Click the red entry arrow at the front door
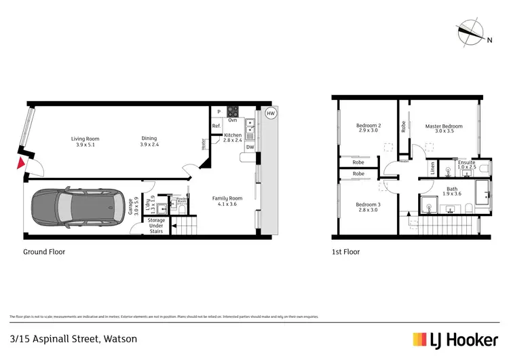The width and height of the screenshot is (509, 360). pos(20,163)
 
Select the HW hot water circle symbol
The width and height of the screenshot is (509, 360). pos(270,113)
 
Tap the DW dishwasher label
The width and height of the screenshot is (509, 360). pos(250,147)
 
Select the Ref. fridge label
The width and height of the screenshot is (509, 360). pos(216,126)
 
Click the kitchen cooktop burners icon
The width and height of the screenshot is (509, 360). pos(233,112)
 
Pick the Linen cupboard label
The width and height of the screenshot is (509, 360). pos(432,167)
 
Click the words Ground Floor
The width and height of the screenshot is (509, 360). pos(43,251)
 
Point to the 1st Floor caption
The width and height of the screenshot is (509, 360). pos(346,251)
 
